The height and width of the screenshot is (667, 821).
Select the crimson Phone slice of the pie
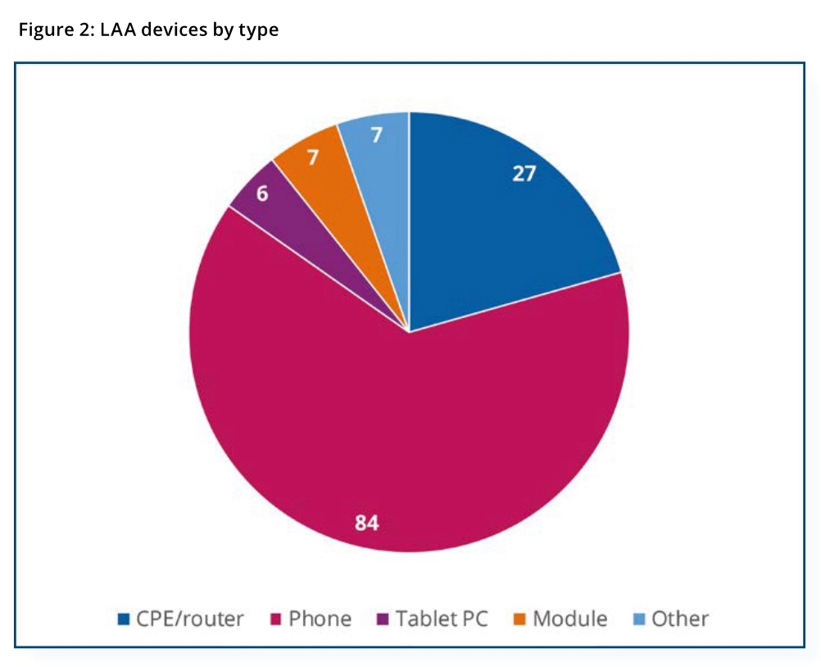410,426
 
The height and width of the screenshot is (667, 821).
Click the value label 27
524,174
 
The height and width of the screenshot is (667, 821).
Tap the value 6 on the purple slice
262,195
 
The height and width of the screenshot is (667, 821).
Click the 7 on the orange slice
312,157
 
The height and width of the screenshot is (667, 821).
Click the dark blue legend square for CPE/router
124,619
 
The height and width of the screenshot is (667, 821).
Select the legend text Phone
320,619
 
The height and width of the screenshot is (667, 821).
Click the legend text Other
680,619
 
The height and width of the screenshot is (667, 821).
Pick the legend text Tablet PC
442,619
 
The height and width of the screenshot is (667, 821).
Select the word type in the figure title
259,31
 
